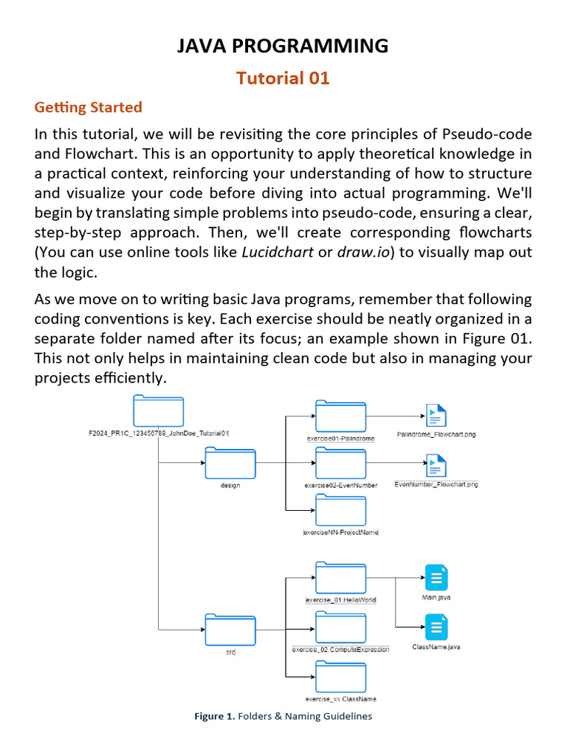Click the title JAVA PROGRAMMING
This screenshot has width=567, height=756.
click(283, 46)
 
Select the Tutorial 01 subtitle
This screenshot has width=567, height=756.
click(283, 78)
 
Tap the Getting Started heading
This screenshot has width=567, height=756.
click(88, 107)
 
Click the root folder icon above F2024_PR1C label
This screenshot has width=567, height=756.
click(158, 411)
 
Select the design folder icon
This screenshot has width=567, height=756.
click(230, 464)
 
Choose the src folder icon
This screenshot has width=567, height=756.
click(230, 630)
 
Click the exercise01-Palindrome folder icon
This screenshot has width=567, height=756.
click(340, 416)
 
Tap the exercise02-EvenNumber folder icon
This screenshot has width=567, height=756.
click(340, 463)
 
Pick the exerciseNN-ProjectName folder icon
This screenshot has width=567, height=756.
click(340, 510)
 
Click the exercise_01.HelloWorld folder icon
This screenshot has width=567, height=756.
click(340, 577)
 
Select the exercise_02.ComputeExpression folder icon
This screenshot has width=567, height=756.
click(340, 627)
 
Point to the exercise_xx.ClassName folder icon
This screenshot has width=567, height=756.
click(340, 677)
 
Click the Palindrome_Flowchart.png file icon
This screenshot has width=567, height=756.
click(436, 416)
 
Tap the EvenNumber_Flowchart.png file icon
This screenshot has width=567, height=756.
click(436, 465)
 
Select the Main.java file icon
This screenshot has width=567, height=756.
click(436, 577)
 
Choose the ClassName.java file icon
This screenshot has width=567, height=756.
click(436, 627)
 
